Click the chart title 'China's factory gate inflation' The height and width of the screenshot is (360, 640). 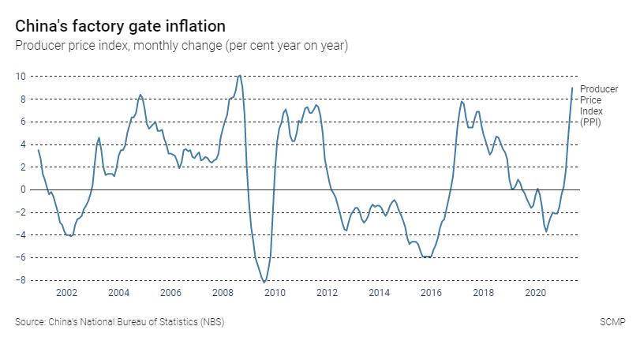pos(120,27)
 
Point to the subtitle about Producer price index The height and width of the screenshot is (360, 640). pos(182,45)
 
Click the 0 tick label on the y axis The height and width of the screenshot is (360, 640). pos(23,190)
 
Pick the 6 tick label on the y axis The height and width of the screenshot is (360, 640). pos(23,122)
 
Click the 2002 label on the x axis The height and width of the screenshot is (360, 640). pos(66,293)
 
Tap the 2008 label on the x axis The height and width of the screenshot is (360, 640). pos(223,293)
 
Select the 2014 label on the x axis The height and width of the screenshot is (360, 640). pos(379,293)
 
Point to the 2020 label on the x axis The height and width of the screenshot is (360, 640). pos(535,293)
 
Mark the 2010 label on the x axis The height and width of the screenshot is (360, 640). pos(275,293)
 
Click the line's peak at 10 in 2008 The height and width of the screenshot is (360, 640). pos(239,76)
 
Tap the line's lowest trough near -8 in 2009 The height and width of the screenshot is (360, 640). pos(264,282)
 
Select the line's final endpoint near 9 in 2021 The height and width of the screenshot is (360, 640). pos(572,88)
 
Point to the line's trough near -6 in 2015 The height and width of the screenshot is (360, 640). pos(427,257)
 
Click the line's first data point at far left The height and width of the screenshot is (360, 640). pos(38,150)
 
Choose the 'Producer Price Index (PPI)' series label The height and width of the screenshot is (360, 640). pos(598,106)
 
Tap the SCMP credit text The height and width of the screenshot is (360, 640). pos(612,322)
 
